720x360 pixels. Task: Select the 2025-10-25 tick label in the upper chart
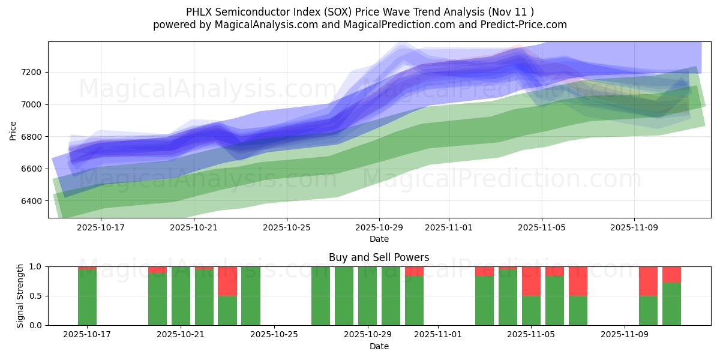286,227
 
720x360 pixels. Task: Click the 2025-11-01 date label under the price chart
448,227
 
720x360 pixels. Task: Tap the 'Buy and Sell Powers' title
379,257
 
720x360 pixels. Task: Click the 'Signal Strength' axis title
20,295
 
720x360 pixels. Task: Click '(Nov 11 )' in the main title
510,11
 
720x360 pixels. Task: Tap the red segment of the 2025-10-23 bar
227,281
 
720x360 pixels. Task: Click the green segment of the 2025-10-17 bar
87,298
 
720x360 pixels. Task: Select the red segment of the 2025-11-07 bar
578,281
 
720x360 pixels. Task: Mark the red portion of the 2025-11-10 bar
648,281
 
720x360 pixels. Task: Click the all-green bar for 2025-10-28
344,296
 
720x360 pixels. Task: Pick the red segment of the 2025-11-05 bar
531,281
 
